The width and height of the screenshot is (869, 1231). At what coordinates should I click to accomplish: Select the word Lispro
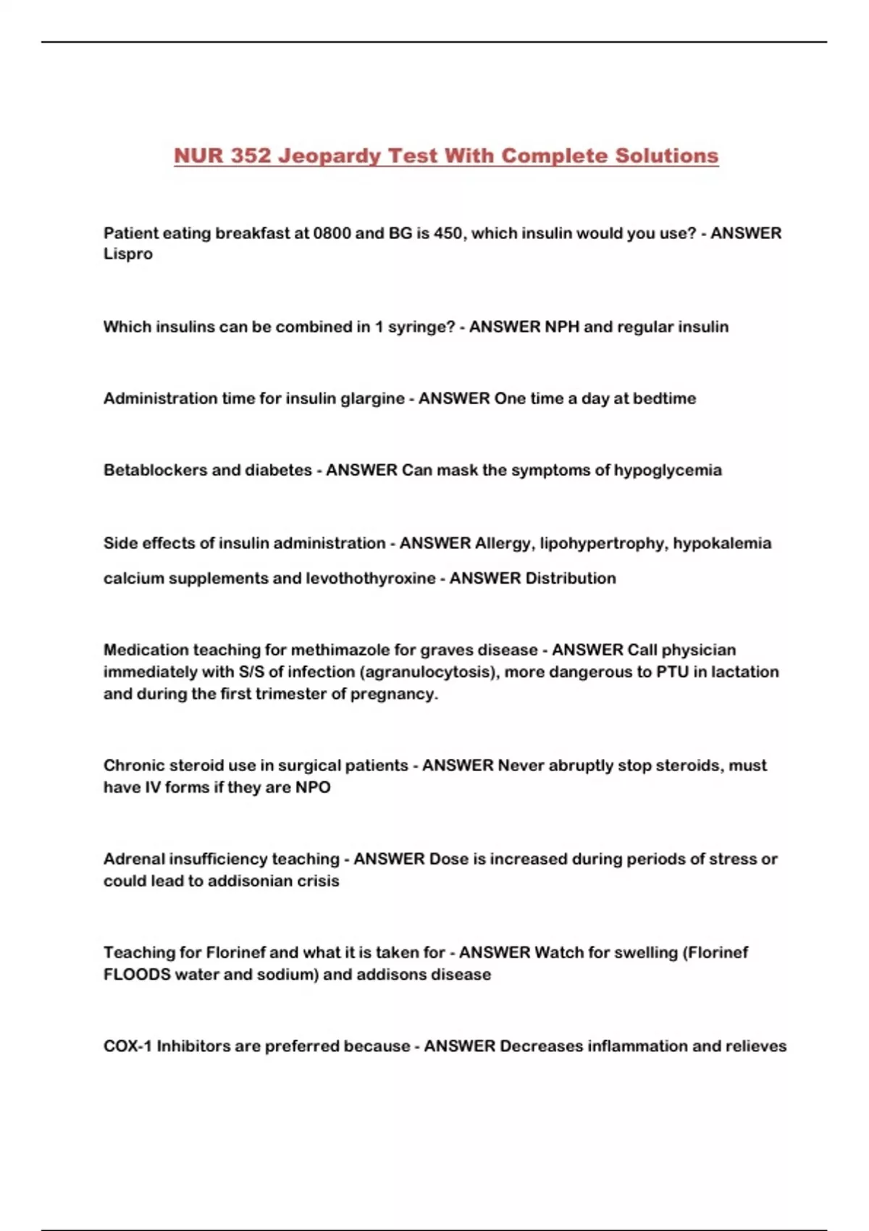click(128, 254)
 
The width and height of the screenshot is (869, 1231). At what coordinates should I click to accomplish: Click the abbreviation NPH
click(562, 327)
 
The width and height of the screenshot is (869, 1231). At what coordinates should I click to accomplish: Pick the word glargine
click(371, 399)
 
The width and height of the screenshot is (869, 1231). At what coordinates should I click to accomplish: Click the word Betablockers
click(155, 470)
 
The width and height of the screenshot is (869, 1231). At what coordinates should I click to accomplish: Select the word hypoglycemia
click(668, 471)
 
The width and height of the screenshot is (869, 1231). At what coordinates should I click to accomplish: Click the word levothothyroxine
click(370, 579)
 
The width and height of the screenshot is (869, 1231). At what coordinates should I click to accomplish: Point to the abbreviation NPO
click(313, 787)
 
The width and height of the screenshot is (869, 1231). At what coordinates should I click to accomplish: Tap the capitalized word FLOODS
click(137, 975)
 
